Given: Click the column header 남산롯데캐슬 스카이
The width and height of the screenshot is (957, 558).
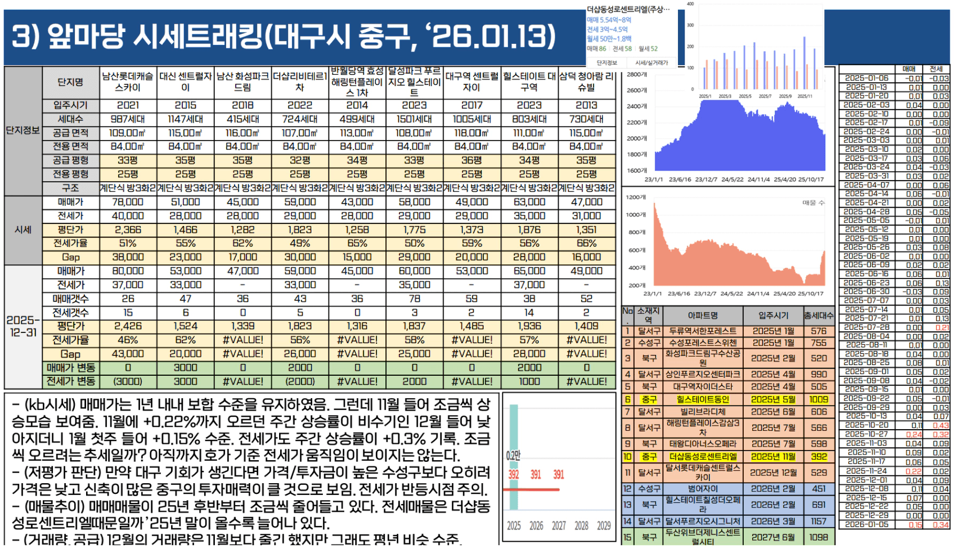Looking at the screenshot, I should (x=128, y=82).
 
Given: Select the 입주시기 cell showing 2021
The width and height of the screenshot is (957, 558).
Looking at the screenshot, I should (x=128, y=105).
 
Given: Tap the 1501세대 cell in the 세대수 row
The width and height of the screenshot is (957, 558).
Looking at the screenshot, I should (x=414, y=119).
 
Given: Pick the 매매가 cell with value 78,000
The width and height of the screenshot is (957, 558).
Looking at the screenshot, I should (x=128, y=202).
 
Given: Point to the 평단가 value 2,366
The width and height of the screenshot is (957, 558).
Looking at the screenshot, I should (x=128, y=229).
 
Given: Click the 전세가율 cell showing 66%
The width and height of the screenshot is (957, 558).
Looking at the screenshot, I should (x=586, y=244).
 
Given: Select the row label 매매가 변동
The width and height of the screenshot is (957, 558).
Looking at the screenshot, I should (x=70, y=368).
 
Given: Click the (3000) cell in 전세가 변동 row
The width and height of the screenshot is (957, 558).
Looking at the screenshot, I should (x=128, y=381).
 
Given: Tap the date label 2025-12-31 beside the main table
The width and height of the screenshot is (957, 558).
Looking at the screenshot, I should (x=23, y=326).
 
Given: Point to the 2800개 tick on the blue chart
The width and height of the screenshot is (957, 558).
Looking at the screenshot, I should (x=637, y=74).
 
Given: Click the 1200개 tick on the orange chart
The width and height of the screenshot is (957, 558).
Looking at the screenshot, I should (x=636, y=197).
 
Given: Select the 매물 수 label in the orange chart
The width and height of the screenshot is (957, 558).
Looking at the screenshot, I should (x=813, y=202).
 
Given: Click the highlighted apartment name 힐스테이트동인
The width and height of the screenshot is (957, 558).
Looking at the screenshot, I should (x=703, y=399).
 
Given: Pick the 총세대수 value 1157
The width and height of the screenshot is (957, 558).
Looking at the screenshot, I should (x=819, y=521).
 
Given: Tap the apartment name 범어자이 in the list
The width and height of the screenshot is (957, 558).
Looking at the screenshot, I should (x=703, y=489).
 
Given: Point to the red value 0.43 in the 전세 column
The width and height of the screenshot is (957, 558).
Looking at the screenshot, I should (x=940, y=425).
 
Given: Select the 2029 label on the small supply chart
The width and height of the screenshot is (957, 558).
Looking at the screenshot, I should (x=604, y=526).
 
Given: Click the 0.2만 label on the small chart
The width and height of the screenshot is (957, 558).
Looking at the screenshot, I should (x=513, y=456).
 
